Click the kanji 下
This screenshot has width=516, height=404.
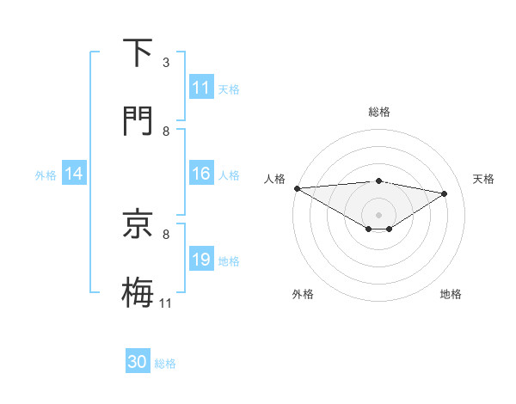(x=138, y=53)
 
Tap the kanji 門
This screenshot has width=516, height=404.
(x=138, y=121)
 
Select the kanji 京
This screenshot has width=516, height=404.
(x=138, y=224)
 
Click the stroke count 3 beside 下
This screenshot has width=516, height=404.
(x=166, y=63)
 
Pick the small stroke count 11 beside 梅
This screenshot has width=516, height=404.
(x=166, y=303)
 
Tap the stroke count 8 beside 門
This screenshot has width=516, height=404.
(x=166, y=131)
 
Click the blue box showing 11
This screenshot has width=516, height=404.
(x=201, y=88)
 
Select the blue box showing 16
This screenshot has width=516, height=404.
(x=201, y=174)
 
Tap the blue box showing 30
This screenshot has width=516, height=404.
(x=138, y=363)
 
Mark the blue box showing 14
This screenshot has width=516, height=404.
(x=74, y=174)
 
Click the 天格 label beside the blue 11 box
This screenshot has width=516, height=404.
(x=229, y=89)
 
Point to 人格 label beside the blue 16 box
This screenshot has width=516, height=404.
(x=229, y=175)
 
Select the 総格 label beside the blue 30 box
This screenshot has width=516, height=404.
(x=165, y=364)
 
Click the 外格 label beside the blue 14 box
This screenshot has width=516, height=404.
(x=46, y=175)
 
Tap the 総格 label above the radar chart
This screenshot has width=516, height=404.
(x=379, y=112)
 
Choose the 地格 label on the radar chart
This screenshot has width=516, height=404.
(x=451, y=294)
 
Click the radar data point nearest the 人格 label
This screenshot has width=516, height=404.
(x=297, y=188)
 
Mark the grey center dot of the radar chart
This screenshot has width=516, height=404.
(x=379, y=214)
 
